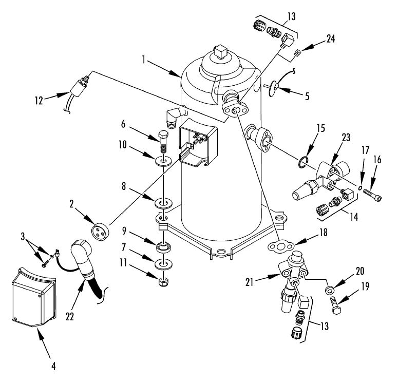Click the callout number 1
coord(144,60)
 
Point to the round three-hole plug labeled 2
coord(100,231)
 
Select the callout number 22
coord(69,316)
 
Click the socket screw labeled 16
coord(372,195)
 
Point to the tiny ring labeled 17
coord(359,188)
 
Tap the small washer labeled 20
coord(330,290)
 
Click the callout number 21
coord(250,282)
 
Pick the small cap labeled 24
coord(297,53)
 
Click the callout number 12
coord(39,101)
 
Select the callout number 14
coord(354,217)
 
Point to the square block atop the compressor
coord(220,52)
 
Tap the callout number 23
coord(346,138)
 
